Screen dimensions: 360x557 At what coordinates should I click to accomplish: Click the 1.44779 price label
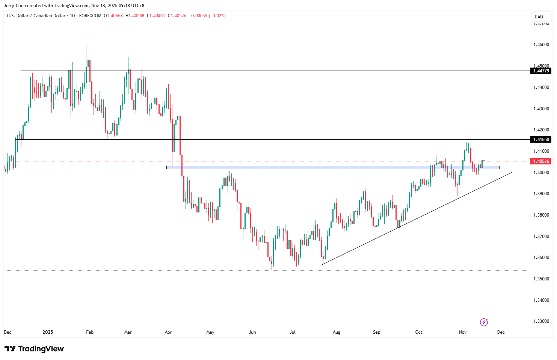point(541,71)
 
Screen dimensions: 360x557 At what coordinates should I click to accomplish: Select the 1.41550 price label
point(541,140)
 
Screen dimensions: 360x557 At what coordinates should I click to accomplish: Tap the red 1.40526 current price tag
point(541,161)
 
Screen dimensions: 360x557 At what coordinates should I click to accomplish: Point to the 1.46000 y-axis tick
point(541,45)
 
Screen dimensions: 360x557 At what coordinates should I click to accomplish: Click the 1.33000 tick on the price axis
point(541,321)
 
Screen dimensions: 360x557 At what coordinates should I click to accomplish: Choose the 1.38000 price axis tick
point(541,215)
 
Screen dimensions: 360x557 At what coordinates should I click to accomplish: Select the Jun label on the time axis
point(252,332)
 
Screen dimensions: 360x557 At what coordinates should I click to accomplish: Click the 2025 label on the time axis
point(48,332)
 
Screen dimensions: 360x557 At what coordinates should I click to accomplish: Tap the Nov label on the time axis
point(463,332)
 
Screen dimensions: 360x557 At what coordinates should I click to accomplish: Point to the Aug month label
point(337,332)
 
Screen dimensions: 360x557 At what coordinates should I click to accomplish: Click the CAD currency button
point(539,17)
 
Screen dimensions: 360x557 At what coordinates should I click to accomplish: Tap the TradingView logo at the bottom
point(34,349)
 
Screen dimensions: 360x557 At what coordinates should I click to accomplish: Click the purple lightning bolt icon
point(484,322)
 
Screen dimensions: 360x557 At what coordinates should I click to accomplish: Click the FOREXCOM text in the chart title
point(90,16)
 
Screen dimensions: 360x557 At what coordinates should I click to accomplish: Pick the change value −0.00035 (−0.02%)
point(207,16)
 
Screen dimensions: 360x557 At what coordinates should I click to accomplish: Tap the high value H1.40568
point(135,16)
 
